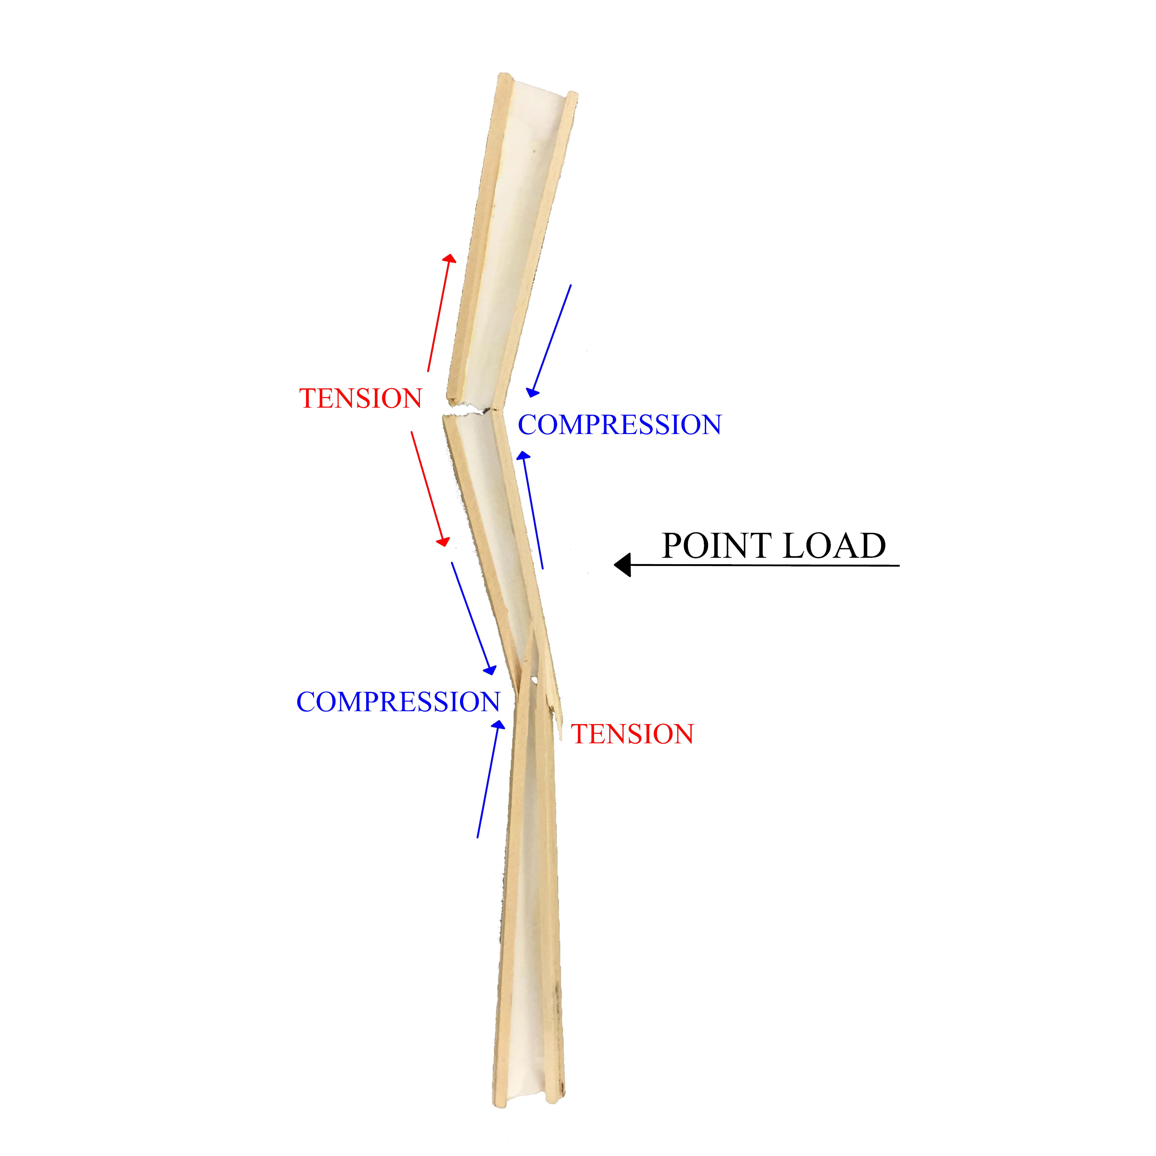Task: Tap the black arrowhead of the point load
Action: click(x=623, y=565)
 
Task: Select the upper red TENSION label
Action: click(x=361, y=398)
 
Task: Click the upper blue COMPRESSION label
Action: click(x=619, y=425)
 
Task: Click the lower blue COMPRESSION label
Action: click(x=398, y=702)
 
